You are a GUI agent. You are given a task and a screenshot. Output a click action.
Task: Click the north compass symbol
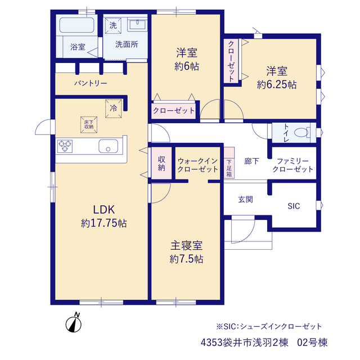tap(74, 323)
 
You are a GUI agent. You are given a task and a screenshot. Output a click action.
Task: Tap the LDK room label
tap(103, 210)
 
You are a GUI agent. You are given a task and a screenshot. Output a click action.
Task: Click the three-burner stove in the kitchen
tap(65, 146)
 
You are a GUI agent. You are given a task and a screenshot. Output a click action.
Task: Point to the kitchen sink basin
tap(109, 146)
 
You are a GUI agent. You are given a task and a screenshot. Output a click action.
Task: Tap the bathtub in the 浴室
tap(77, 25)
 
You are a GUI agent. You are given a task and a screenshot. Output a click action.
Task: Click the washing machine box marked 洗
tap(113, 25)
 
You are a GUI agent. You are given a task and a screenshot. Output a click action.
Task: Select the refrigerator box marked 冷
tap(114, 109)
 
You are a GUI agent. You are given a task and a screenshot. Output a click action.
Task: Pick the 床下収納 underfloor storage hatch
tap(89, 125)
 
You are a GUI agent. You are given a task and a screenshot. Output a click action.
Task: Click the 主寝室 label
tap(186, 245)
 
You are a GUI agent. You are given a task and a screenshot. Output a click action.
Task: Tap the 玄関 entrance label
tap(245, 199)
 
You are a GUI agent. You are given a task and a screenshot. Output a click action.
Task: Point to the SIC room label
tap(294, 206)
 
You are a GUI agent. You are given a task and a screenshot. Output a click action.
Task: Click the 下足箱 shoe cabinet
tap(229, 163)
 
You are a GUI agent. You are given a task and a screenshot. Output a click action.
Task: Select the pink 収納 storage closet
tap(161, 163)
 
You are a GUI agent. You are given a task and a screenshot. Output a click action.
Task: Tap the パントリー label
tap(91, 83)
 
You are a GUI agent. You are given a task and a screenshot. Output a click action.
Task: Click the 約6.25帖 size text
tap(277, 85)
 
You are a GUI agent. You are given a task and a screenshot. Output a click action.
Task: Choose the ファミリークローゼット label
tap(292, 165)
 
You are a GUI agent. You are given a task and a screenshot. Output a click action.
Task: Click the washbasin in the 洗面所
tap(137, 24)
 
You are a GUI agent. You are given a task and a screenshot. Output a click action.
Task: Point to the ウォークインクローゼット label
tap(197, 165)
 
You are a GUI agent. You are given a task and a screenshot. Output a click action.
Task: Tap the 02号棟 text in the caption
tap(312, 343)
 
